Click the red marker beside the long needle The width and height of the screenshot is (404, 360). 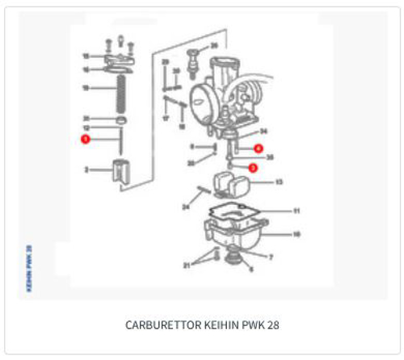click(x=86, y=140)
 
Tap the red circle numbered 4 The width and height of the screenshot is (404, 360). click(x=258, y=149)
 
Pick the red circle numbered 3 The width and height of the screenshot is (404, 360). click(x=252, y=168)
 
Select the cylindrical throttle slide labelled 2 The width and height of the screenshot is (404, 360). click(x=121, y=172)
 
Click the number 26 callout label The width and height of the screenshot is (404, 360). click(x=214, y=45)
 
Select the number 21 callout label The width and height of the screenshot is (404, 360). click(x=187, y=264)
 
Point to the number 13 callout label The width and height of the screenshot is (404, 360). click(x=279, y=182)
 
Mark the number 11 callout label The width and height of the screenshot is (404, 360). click(x=296, y=211)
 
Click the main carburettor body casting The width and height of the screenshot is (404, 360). click(x=226, y=93)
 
